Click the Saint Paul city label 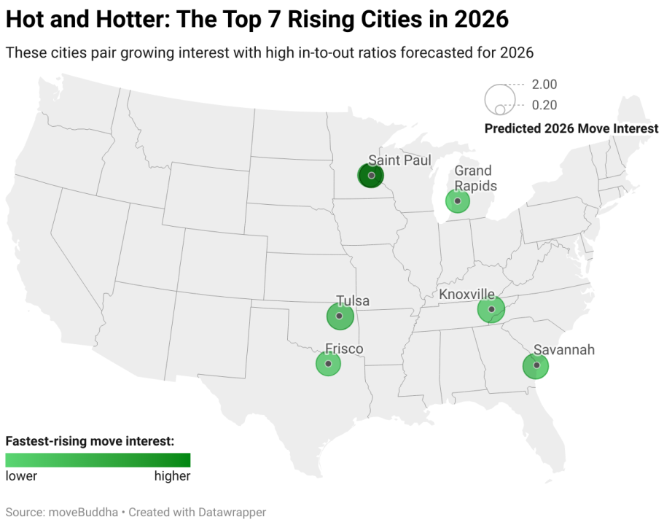pyautogui.click(x=399, y=160)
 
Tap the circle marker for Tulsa pyautogui.click(x=340, y=316)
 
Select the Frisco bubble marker pyautogui.click(x=328, y=363)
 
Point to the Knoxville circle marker pyautogui.click(x=491, y=310)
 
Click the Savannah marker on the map pyautogui.click(x=536, y=365)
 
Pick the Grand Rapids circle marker pyautogui.click(x=458, y=201)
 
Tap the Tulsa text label pyautogui.click(x=352, y=300)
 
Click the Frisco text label pyautogui.click(x=344, y=349)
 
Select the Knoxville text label pyautogui.click(x=466, y=294)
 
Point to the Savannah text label pyautogui.click(x=563, y=350)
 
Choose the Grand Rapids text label pyautogui.click(x=475, y=179)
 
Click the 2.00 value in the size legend pyautogui.click(x=544, y=85)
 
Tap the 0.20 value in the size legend pyautogui.click(x=544, y=105)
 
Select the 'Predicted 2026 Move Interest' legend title pyautogui.click(x=571, y=128)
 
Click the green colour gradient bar pyautogui.click(x=98, y=460)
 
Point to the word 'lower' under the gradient pyautogui.click(x=21, y=476)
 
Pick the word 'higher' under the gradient pyautogui.click(x=172, y=476)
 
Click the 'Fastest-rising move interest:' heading pyautogui.click(x=90, y=441)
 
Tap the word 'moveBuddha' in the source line pyautogui.click(x=78, y=512)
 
